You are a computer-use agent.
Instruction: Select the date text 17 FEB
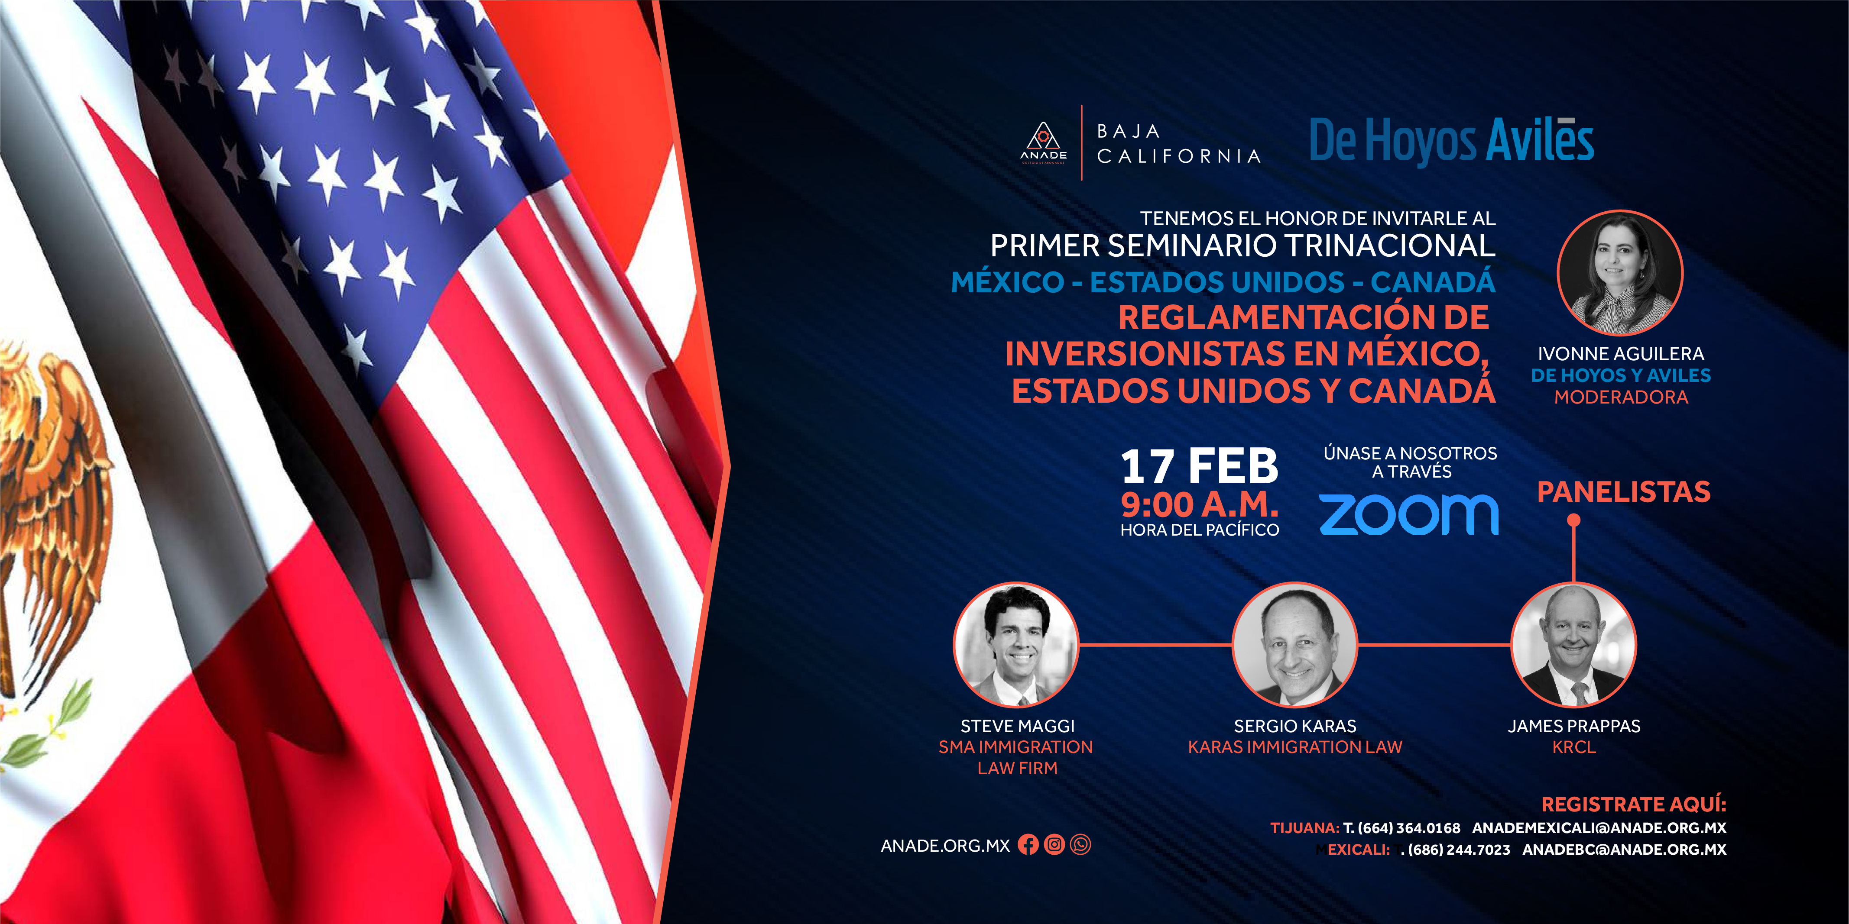[1200, 466]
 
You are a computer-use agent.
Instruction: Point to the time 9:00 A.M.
[1200, 505]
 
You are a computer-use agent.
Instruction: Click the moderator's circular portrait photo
[1620, 273]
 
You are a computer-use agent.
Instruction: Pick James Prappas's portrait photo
[1574, 644]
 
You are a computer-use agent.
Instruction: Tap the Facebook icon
[1028, 844]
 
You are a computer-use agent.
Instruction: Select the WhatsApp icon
[1080, 844]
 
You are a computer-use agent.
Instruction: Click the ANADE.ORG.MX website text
[945, 846]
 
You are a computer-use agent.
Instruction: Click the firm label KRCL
[1574, 747]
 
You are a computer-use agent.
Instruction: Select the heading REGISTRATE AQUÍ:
[1634, 804]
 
